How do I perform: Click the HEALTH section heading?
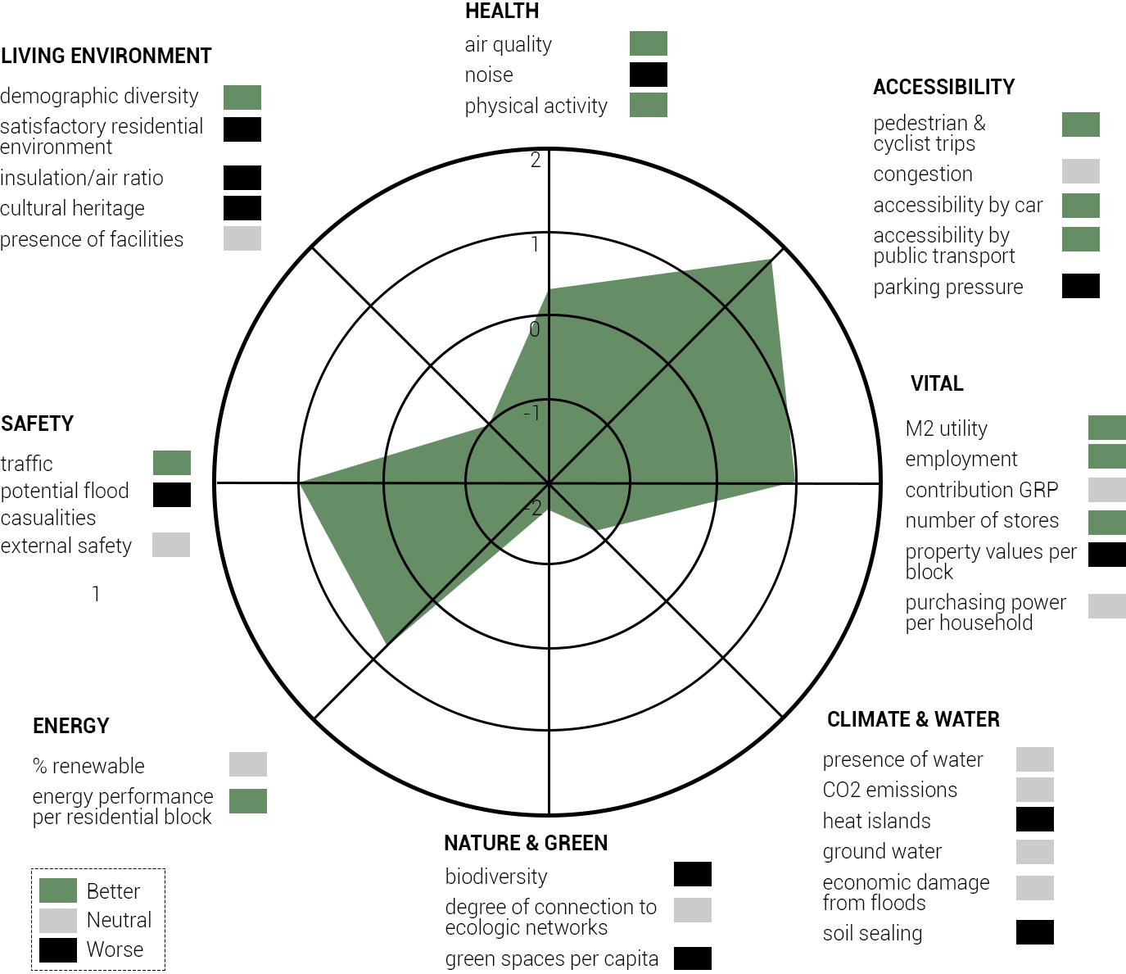(x=501, y=11)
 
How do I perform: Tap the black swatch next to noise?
(x=648, y=75)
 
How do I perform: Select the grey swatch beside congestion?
(x=1080, y=171)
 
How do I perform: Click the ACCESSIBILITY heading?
(x=943, y=87)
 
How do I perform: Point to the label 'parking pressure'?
(x=947, y=288)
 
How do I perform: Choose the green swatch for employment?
(x=1106, y=456)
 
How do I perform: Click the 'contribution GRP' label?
(x=981, y=490)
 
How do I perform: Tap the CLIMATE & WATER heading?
(x=913, y=719)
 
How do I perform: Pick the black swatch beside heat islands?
(x=1034, y=819)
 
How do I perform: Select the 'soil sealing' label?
(x=872, y=933)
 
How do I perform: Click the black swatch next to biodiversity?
(x=692, y=874)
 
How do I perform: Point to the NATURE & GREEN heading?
(x=526, y=843)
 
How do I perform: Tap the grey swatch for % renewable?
(x=247, y=764)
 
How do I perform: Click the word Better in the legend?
(x=113, y=891)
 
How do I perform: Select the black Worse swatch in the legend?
(x=58, y=949)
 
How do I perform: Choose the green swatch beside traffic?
(x=171, y=463)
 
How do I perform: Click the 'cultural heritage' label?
(x=72, y=208)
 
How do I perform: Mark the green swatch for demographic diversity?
(x=242, y=97)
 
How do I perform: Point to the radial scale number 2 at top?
(x=536, y=161)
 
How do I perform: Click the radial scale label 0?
(x=535, y=329)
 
